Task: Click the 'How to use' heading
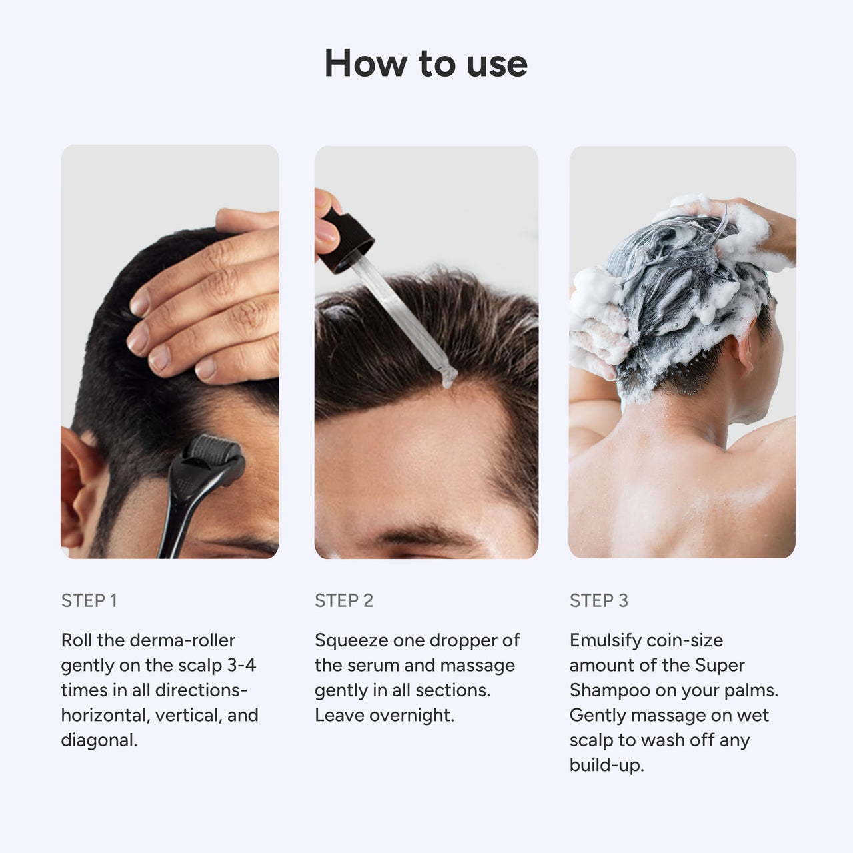pos(426,63)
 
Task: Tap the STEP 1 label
pos(89,600)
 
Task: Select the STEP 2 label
pos(344,600)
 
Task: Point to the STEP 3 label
pos(598,600)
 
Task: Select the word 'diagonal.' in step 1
pos(99,740)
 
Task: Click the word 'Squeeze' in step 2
pos(351,640)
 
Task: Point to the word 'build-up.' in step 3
pos(606,765)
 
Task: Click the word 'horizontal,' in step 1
pos(105,715)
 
